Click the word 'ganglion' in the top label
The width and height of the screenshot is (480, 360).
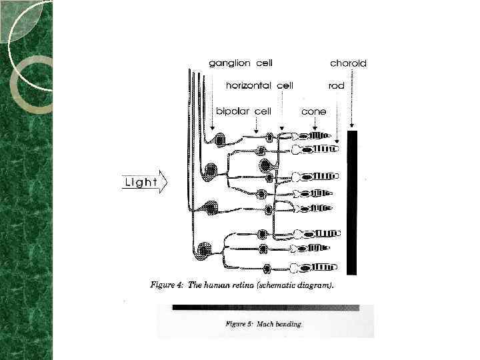[x=229, y=64]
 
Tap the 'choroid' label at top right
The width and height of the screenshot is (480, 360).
[x=348, y=64]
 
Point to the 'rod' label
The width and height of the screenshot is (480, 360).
[x=336, y=86]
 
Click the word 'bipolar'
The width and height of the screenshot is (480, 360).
[x=233, y=111]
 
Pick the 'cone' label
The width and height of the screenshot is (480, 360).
[x=313, y=111]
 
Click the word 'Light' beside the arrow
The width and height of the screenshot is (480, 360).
[x=141, y=182]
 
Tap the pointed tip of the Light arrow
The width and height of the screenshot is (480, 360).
[x=166, y=182]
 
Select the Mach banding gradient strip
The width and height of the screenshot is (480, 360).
[x=265, y=308]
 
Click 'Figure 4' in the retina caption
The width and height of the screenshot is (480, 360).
[x=166, y=285]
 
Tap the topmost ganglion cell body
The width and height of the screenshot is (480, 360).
[x=220, y=139]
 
